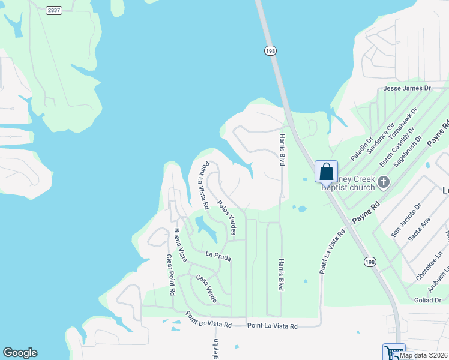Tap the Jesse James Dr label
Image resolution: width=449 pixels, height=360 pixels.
[x=407, y=88]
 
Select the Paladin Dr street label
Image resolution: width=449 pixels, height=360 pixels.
[x=361, y=147]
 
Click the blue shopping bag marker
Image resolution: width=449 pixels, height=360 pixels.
[x=326, y=172]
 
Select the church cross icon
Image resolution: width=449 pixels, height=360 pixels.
[x=384, y=182]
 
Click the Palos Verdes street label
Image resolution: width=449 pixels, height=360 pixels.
[x=226, y=217]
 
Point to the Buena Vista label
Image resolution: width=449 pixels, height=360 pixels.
[x=179, y=245]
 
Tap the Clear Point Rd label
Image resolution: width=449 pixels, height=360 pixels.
[x=170, y=274]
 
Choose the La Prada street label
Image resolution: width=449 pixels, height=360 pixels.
[x=218, y=256]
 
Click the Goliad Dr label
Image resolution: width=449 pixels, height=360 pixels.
[x=427, y=300]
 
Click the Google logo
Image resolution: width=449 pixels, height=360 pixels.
[x=20, y=353]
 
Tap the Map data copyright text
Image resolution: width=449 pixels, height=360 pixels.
[x=423, y=355]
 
